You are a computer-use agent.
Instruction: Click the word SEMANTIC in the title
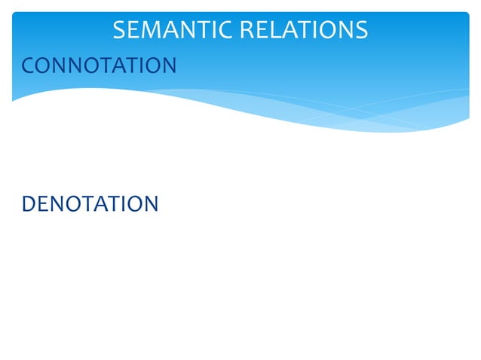172,30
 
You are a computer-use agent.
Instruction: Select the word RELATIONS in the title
303,30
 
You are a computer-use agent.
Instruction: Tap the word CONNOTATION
99,66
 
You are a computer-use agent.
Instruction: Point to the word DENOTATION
90,203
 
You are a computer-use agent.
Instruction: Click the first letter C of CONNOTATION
29,66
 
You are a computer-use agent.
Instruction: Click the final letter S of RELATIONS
361,30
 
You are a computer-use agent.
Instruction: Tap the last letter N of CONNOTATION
168,66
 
